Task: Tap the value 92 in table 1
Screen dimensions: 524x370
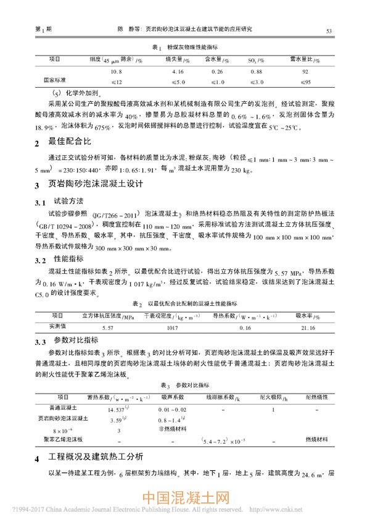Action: [305, 72]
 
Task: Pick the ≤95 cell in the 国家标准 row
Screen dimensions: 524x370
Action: [305, 82]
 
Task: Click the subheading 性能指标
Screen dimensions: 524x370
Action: [67, 258]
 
